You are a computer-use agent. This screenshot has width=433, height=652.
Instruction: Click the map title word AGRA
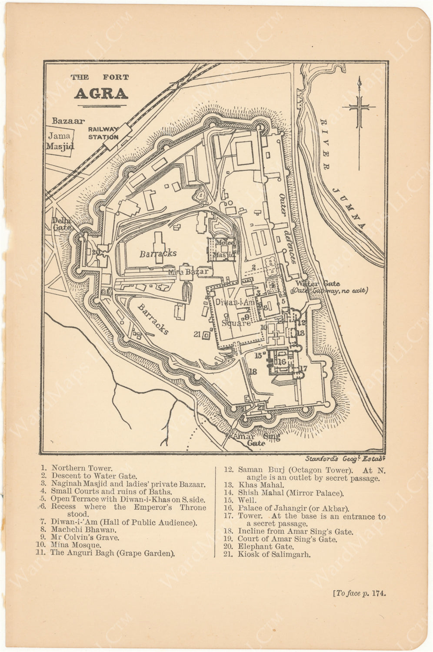[x=101, y=93]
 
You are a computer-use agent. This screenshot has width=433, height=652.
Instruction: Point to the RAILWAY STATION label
[x=103, y=133]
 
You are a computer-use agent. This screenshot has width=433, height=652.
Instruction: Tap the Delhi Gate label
[x=61, y=223]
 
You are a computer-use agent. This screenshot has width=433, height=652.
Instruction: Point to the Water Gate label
[x=318, y=284]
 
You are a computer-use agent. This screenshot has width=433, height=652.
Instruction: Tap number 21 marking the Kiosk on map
[x=197, y=334]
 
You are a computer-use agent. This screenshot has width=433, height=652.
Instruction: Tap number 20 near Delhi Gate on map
[x=96, y=252]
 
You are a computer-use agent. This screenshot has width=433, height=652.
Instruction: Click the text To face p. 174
[x=359, y=592]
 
